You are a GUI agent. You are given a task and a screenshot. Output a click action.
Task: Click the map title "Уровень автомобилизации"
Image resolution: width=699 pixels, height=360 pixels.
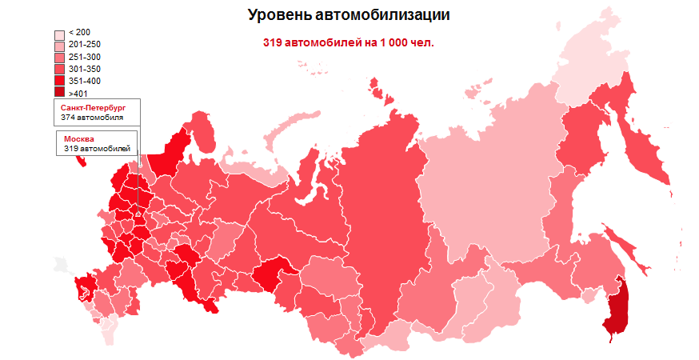[349, 15]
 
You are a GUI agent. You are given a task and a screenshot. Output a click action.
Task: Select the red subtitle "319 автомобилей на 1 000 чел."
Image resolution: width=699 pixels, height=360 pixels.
[349, 42]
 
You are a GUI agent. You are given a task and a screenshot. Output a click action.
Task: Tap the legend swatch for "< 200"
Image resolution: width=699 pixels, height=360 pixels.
[59, 34]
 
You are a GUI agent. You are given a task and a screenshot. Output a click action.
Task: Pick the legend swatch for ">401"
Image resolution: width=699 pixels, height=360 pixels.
[59, 93]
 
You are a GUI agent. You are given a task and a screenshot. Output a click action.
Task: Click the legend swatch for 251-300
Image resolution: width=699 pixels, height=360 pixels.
[59, 58]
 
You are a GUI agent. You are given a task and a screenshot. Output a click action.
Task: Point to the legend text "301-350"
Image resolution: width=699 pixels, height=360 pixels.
[85, 70]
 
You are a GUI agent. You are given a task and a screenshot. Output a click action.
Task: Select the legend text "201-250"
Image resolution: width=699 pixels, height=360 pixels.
[85, 45]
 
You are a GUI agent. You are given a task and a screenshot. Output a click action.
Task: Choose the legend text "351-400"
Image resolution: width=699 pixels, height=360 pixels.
[85, 81]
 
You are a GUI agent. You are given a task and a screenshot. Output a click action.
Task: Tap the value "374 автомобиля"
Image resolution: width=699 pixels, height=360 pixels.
[92, 117]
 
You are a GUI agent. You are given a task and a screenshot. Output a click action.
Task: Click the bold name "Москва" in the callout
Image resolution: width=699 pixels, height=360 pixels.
[78, 139]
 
